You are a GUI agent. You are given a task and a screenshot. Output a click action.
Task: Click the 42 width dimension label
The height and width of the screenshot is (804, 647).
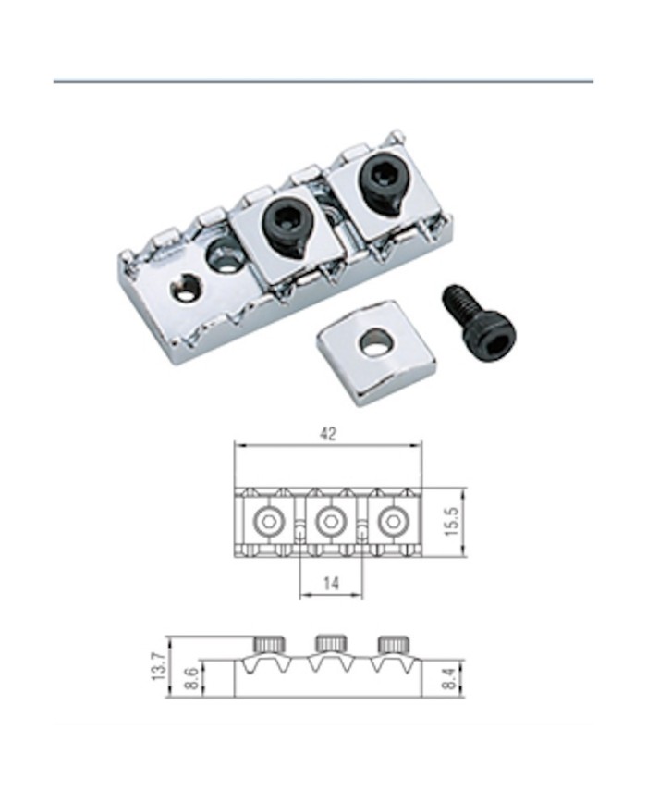pos(328,434)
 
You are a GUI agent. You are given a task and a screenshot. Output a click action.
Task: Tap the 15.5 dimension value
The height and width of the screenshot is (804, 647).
pos(452,522)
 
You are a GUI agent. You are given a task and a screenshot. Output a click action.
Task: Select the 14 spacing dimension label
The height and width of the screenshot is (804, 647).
pos(332,583)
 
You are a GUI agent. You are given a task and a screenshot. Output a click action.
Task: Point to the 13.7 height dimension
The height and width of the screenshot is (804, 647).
pos(159,666)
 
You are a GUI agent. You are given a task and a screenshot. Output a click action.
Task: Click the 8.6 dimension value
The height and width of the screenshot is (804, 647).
pos(190,678)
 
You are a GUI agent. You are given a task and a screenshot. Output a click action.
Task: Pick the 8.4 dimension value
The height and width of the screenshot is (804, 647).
pos(449,678)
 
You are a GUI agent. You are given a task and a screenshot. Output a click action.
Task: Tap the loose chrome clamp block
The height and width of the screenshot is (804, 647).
pos(376,352)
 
